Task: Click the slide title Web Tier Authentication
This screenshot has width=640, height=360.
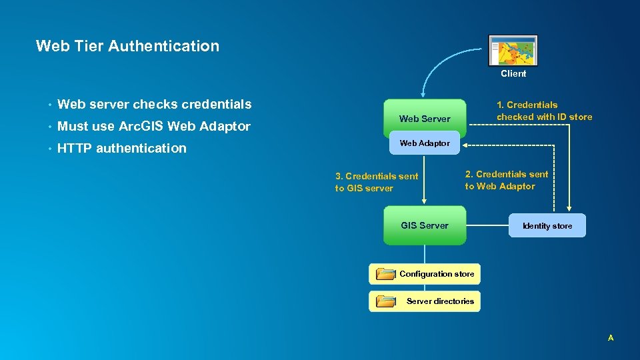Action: tap(127, 46)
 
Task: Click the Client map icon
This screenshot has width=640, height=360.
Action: tap(513, 51)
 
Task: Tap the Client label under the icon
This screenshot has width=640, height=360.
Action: tap(513, 74)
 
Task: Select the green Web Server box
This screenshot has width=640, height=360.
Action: tap(425, 116)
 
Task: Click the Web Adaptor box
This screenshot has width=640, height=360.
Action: tap(425, 143)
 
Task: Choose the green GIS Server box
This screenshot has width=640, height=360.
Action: tap(425, 225)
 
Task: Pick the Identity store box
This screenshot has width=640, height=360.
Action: tap(547, 226)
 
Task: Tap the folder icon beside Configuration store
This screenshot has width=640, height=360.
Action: tap(385, 274)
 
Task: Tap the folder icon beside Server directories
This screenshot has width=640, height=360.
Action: tap(385, 301)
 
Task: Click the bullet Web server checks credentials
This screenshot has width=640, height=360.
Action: tap(154, 104)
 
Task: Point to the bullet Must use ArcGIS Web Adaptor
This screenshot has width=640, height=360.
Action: tap(153, 126)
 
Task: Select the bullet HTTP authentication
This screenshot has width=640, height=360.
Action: tap(121, 148)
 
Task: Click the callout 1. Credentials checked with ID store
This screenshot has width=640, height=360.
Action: tap(544, 111)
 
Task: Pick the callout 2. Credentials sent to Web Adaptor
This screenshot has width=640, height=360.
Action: tap(507, 180)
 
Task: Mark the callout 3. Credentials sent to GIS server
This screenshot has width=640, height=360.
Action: tap(377, 182)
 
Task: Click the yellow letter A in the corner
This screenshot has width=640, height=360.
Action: tap(610, 338)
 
